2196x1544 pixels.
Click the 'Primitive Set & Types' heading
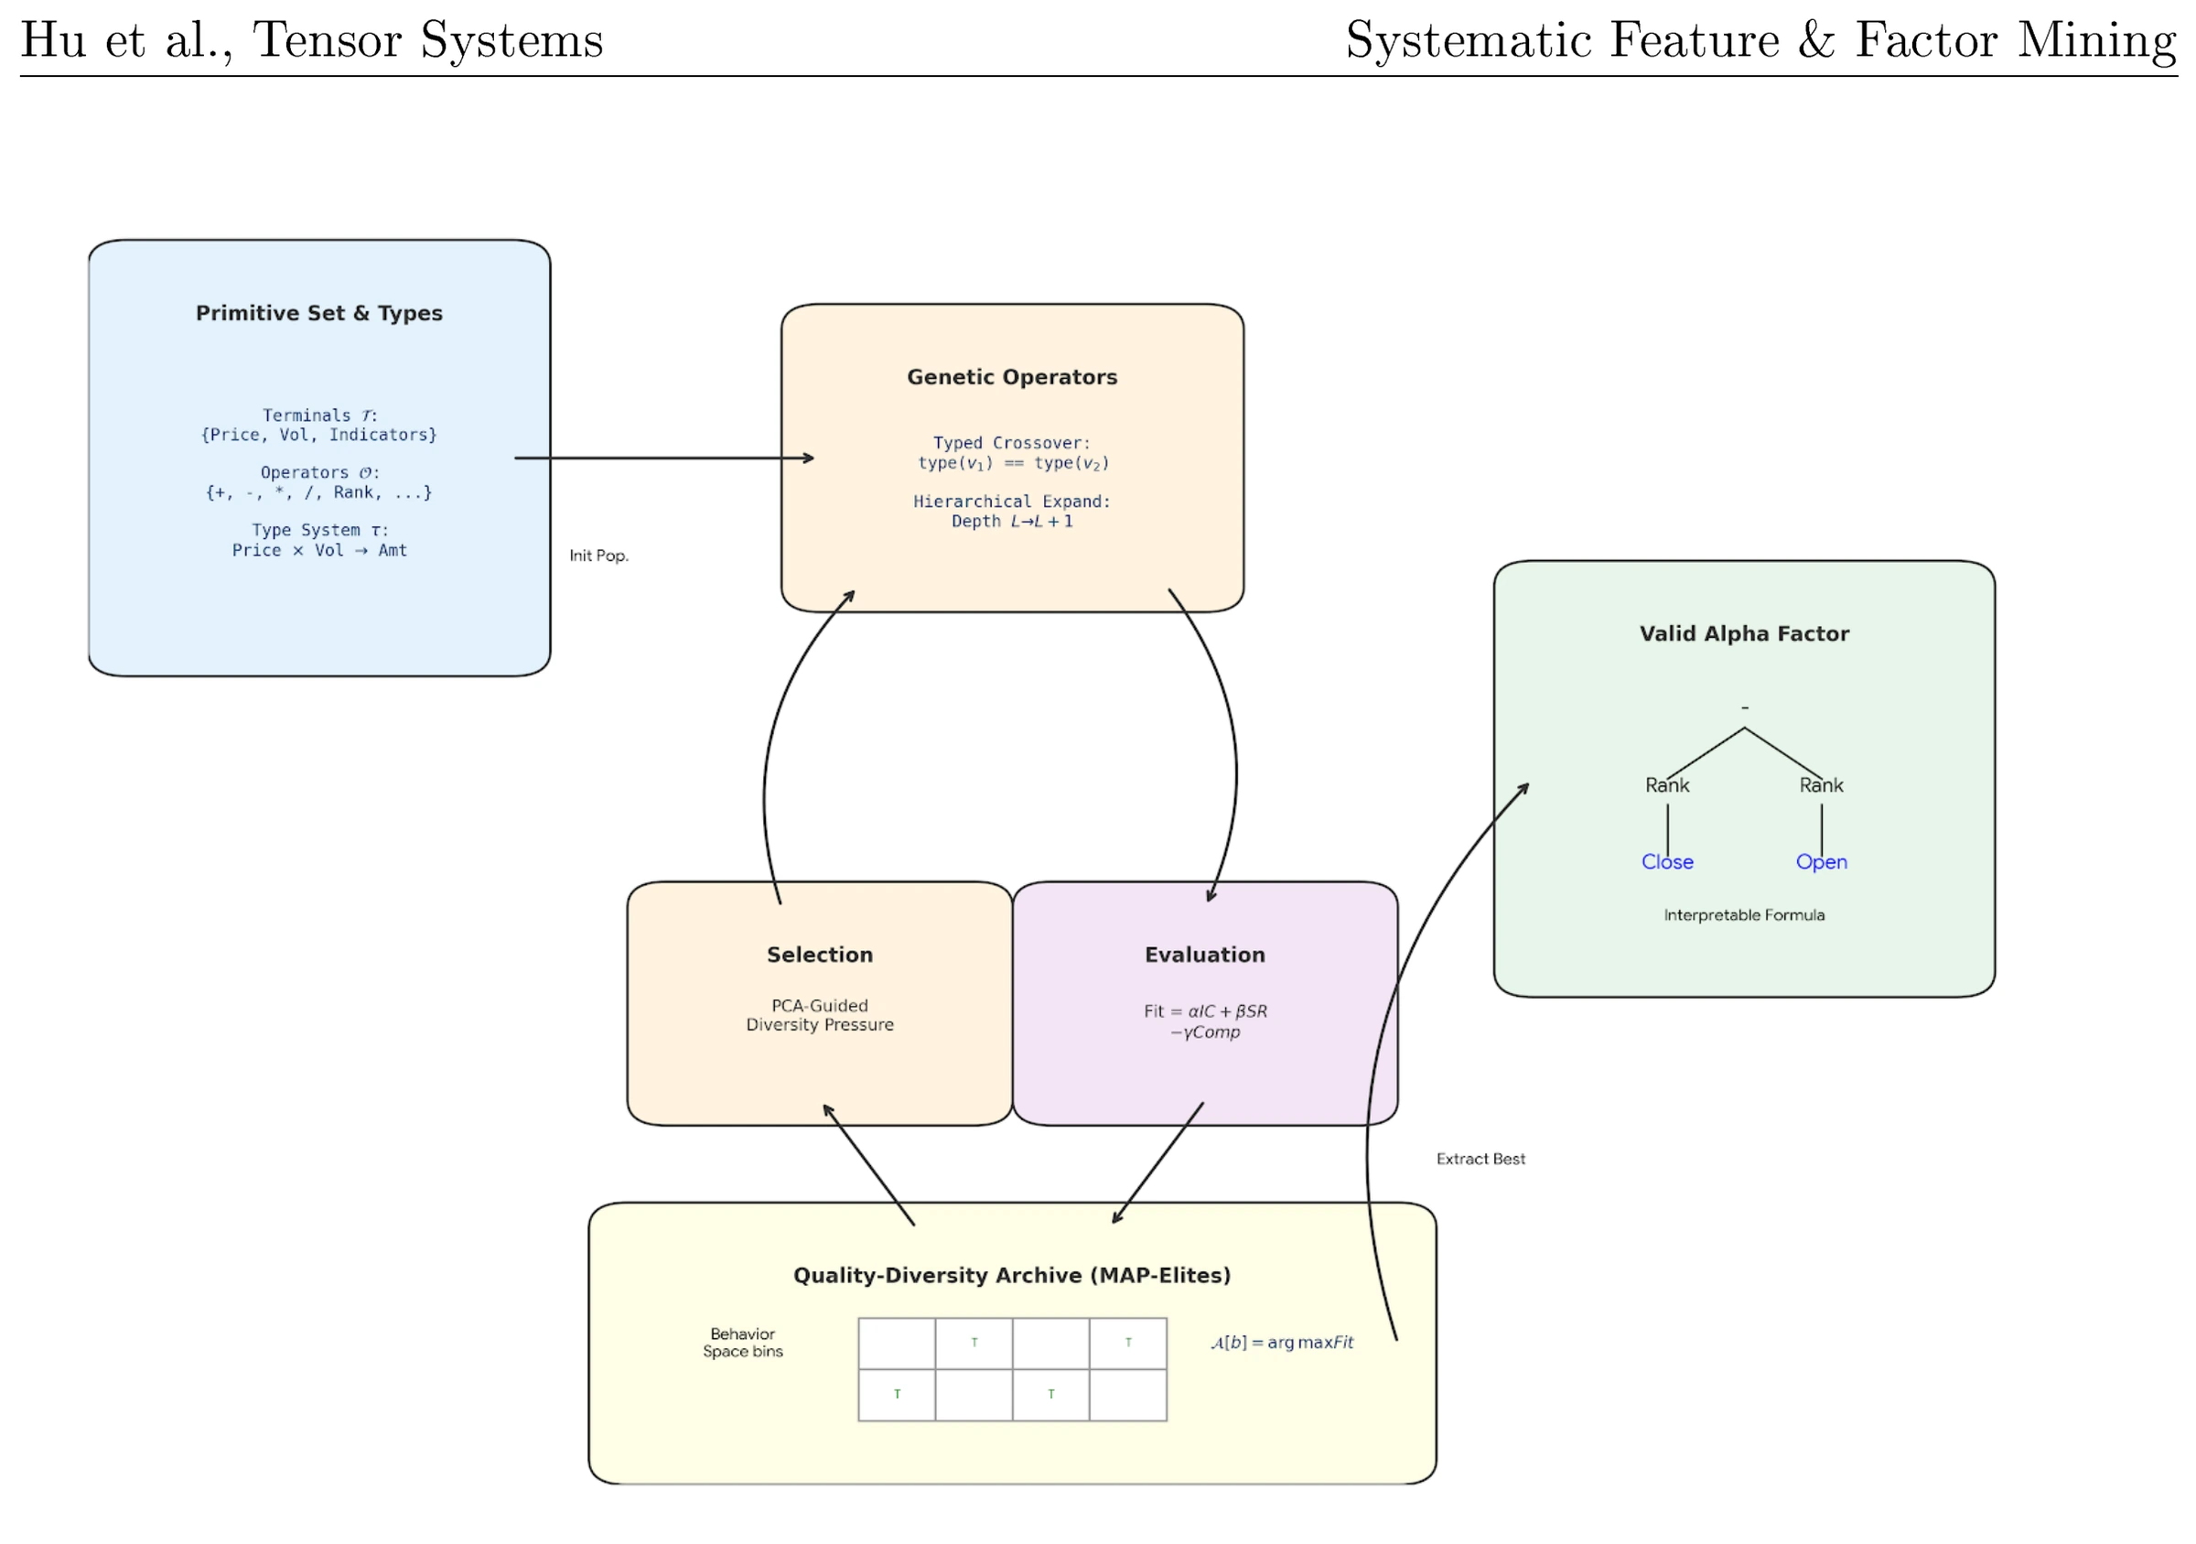pos(318,313)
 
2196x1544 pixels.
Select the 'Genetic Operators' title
pos(1012,377)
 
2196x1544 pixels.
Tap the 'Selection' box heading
pos(820,955)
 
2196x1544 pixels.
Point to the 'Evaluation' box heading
pos(1205,955)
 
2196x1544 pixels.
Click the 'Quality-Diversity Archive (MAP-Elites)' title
pos(1012,1275)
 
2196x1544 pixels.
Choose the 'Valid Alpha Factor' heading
pos(1744,633)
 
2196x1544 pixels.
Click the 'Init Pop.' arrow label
pos(598,556)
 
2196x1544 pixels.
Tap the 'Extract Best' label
pos(1480,1159)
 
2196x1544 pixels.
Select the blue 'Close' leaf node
pos(1667,862)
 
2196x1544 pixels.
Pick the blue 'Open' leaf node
pos(1821,862)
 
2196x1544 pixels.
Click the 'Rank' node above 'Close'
pos(1667,785)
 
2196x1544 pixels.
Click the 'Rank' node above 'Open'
pos(1821,785)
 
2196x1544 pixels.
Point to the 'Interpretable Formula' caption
pos(1744,915)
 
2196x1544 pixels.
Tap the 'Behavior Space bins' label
pos(742,1342)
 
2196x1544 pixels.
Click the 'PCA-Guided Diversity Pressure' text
pos(820,1015)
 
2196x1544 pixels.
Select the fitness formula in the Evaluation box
pos(1205,1021)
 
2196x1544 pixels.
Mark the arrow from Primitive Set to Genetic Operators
pos(664,459)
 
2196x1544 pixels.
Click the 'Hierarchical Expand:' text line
pos(1012,502)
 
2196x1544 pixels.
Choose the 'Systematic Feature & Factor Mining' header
pos(1760,40)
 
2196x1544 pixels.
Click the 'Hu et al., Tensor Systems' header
pos(312,40)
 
